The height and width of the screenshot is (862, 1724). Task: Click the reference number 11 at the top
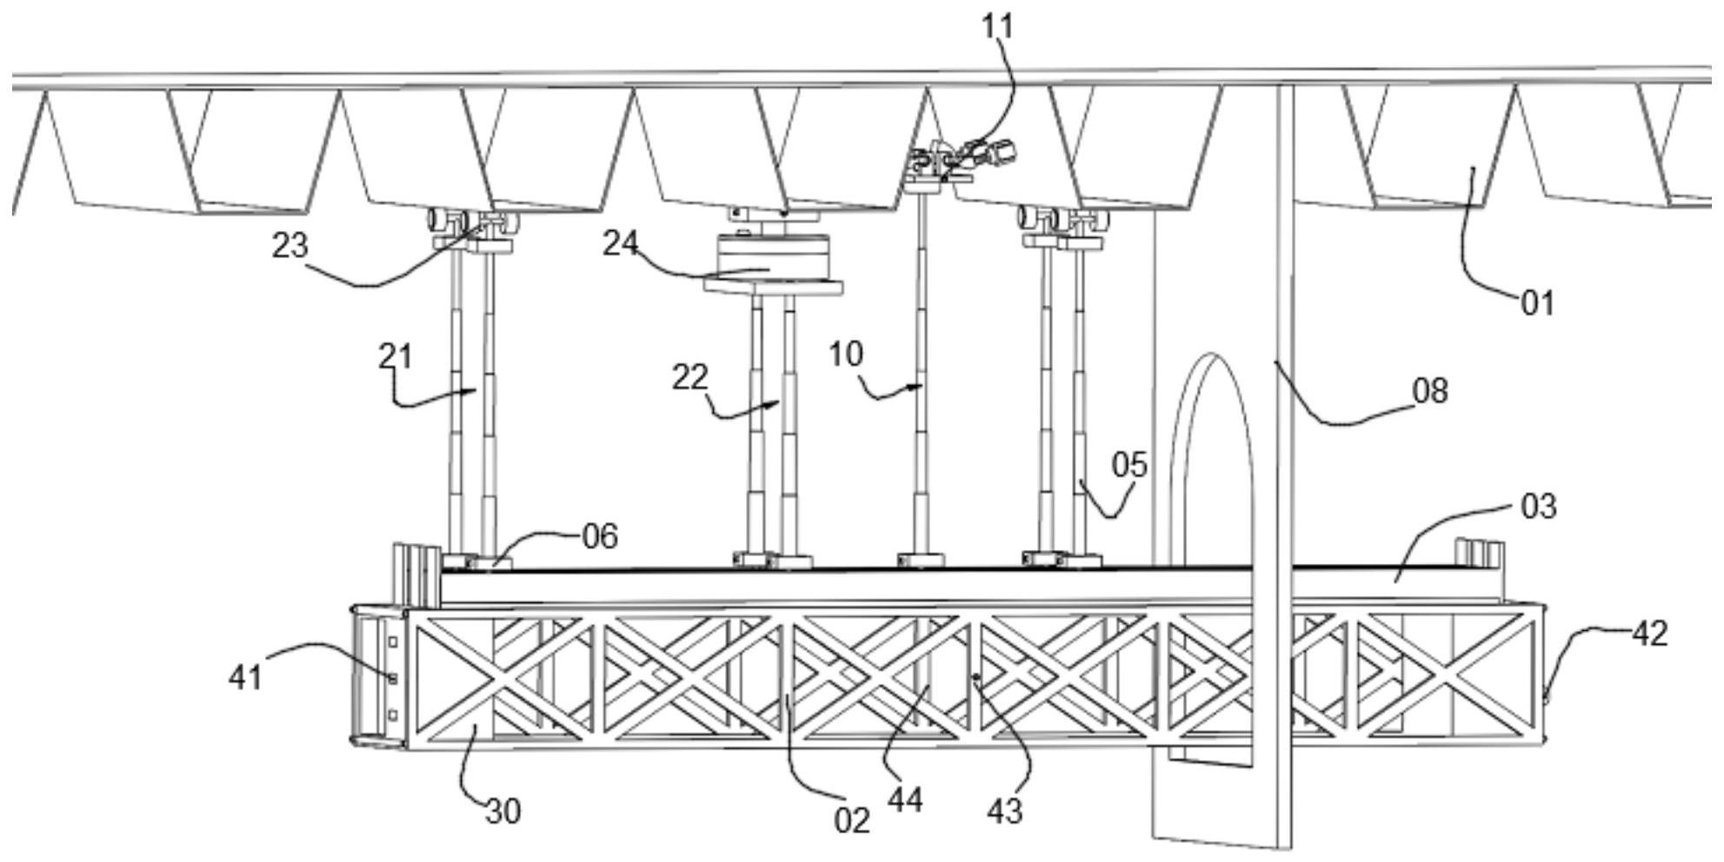pyautogui.click(x=997, y=27)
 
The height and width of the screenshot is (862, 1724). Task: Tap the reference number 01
pyautogui.click(x=1536, y=303)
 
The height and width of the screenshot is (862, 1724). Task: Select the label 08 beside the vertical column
pyautogui.click(x=1430, y=391)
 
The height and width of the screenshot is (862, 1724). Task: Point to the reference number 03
pyautogui.click(x=1538, y=506)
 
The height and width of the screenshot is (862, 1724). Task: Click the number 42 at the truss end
pyautogui.click(x=1649, y=634)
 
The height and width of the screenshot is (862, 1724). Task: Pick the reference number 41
pyautogui.click(x=245, y=676)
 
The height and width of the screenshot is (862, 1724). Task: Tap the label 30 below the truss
pyautogui.click(x=503, y=812)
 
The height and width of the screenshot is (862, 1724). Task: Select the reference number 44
pyautogui.click(x=905, y=800)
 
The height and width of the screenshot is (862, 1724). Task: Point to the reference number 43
pyautogui.click(x=1005, y=811)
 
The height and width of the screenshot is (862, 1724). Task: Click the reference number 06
pyautogui.click(x=600, y=536)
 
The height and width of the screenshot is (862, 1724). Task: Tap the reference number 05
pyautogui.click(x=1129, y=465)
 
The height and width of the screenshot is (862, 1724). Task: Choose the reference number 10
pyautogui.click(x=845, y=354)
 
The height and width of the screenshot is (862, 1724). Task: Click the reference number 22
pyautogui.click(x=689, y=377)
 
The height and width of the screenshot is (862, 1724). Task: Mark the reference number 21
pyautogui.click(x=396, y=356)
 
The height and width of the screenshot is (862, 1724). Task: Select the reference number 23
pyautogui.click(x=290, y=246)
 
